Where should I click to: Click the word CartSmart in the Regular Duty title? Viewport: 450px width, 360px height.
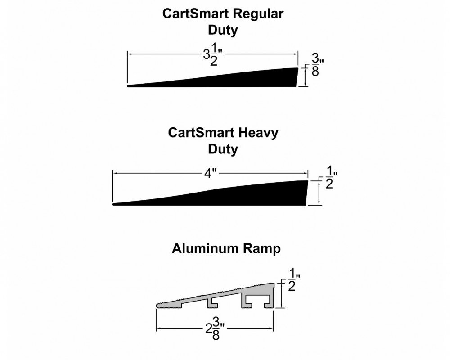pos(196,13)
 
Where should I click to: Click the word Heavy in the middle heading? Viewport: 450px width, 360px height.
pos(258,133)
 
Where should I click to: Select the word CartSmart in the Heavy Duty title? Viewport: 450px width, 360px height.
pos(201,133)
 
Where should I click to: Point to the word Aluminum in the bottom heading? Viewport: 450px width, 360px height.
pos(206,248)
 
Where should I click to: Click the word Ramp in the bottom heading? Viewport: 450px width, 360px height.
pos(262,249)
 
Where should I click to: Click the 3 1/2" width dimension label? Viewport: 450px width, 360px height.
pos(213,54)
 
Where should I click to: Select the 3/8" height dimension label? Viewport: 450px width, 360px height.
pos(318,65)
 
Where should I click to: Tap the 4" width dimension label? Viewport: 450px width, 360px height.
pos(210,173)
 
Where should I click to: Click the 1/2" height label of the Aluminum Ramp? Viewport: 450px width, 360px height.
pos(294,279)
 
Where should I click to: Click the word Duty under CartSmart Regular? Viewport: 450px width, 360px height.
pos(223,30)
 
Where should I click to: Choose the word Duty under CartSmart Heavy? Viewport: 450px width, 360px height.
pos(223,149)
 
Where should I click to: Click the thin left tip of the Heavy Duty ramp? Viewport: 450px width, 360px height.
pos(114,204)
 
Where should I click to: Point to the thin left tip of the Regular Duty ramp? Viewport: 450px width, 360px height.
pos(128,85)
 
